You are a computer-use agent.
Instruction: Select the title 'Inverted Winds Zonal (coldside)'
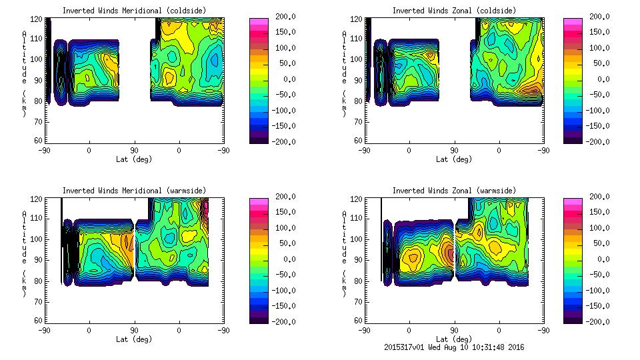pos(453,11)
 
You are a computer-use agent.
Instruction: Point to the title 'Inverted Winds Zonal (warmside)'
pos(453,191)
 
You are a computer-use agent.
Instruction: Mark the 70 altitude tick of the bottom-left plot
pos(39,301)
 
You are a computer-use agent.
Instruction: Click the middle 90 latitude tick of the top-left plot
pos(134,151)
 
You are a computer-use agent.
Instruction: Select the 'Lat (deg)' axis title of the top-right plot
pos(453,159)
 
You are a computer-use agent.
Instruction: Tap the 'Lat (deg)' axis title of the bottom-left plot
pos(135,339)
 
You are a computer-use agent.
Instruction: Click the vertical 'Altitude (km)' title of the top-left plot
pos(25,73)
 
